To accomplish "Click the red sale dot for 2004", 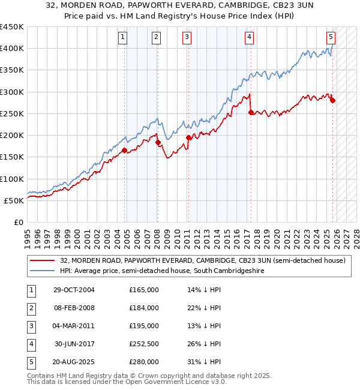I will (x=125, y=151).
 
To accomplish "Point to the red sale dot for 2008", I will (x=158, y=143).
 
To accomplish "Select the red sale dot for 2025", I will (x=332, y=101).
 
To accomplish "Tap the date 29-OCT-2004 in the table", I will (x=73, y=290).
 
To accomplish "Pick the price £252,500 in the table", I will (x=144, y=344).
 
